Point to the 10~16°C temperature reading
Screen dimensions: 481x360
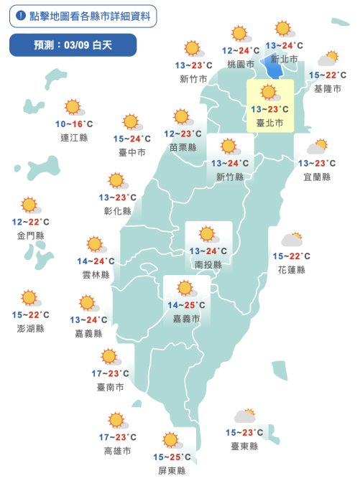pyautogui.click(x=75, y=124)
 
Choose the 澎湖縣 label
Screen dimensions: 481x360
pyautogui.click(x=29, y=328)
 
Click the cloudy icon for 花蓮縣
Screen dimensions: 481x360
pyautogui.click(x=292, y=240)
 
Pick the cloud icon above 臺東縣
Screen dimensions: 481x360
pyautogui.click(x=244, y=416)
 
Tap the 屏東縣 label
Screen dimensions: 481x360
pyautogui.click(x=172, y=470)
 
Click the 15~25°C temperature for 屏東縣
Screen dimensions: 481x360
pyautogui.click(x=172, y=457)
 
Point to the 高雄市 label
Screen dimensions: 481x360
pyautogui.click(x=117, y=451)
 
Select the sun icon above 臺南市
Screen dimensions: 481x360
pyautogui.click(x=109, y=356)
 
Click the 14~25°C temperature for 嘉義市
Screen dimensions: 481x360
pyautogui.click(x=187, y=305)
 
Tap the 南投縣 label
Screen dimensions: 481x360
pyautogui.click(x=208, y=264)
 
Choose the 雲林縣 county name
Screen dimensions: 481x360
pyautogui.click(x=96, y=275)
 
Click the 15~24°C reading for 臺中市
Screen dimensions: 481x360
pyautogui.click(x=132, y=139)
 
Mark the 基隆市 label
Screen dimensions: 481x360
pyautogui.click(x=328, y=89)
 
